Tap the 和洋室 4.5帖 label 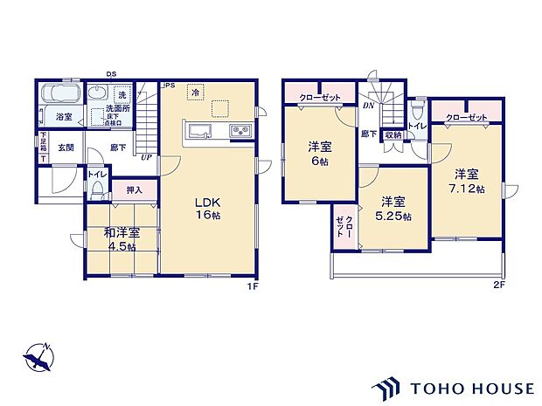(x=121, y=239)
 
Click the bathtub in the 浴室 (x=59, y=95)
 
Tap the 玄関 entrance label (x=66, y=148)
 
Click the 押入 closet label (x=134, y=189)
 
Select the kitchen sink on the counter (x=197, y=132)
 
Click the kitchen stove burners (x=240, y=132)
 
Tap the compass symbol (x=38, y=356)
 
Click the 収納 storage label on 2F (x=393, y=134)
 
